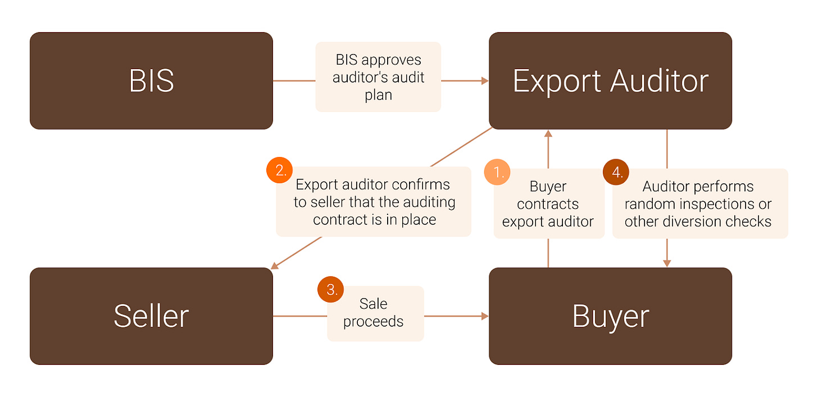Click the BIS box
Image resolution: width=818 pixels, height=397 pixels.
pyautogui.click(x=151, y=80)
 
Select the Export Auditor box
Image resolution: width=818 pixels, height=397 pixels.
pyautogui.click(x=610, y=80)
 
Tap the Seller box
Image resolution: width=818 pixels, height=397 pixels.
pyautogui.click(x=151, y=316)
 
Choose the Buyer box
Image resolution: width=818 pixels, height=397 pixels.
pyautogui.click(x=610, y=316)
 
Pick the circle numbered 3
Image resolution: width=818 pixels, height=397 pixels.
pyautogui.click(x=331, y=290)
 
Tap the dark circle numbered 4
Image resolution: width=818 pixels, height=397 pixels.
pyautogui.click(x=616, y=172)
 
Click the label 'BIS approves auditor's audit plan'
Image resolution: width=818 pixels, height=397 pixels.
pyautogui.click(x=378, y=77)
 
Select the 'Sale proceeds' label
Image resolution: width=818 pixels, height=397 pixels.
pyautogui.click(x=374, y=313)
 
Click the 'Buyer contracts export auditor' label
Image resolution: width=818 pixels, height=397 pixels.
pyautogui.click(x=548, y=204)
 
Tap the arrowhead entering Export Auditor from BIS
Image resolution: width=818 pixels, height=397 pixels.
pyautogui.click(x=485, y=81)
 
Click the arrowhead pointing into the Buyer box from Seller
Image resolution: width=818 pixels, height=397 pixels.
pyautogui.click(x=485, y=316)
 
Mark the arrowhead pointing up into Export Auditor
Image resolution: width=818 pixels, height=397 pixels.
pyautogui.click(x=548, y=133)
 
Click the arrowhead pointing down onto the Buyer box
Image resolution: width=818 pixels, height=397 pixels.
pyautogui.click(x=667, y=263)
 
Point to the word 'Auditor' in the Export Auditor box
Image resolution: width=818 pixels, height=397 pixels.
pyautogui.click(x=659, y=81)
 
